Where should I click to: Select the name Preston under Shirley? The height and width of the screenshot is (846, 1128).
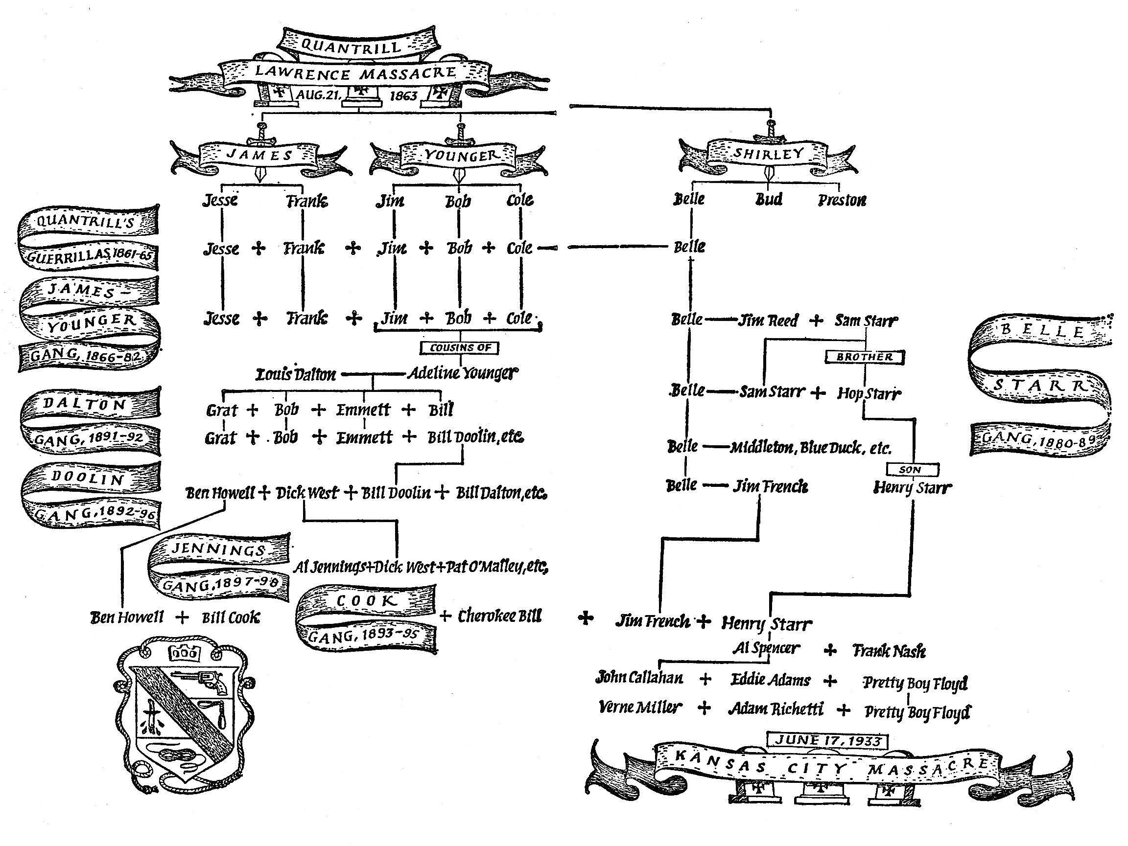click(842, 200)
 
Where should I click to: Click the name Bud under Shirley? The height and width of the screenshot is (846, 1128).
click(769, 199)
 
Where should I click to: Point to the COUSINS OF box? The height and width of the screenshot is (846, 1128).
click(459, 347)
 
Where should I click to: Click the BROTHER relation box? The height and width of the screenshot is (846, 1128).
click(864, 357)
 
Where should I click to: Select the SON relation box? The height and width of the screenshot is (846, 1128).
click(912, 469)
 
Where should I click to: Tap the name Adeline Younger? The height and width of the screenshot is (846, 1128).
click(462, 373)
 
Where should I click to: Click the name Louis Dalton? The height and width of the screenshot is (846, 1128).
click(296, 375)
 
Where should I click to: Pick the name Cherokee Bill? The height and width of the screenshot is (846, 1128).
click(499, 616)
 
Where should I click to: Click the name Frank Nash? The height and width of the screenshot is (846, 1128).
click(889, 651)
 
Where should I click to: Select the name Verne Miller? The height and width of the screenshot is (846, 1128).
click(639, 708)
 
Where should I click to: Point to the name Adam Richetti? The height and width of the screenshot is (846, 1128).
click(775, 709)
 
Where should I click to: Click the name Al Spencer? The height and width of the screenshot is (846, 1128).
click(766, 648)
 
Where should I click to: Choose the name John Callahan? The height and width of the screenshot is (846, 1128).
click(639, 678)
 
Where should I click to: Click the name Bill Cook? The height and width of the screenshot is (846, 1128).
click(231, 617)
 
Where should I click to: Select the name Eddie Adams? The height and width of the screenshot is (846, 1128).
click(770, 680)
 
